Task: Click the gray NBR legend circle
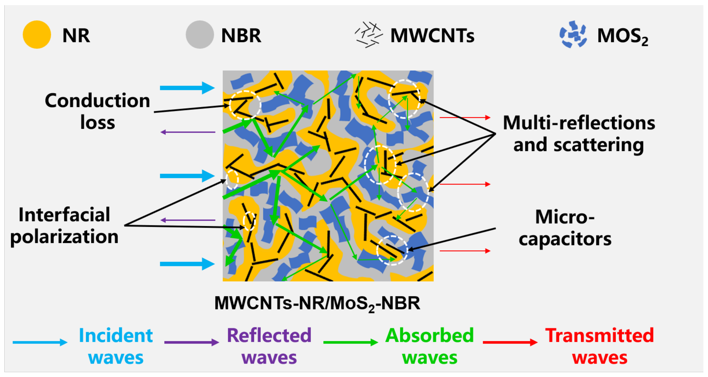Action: click(x=200, y=35)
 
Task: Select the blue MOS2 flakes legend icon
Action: click(x=573, y=35)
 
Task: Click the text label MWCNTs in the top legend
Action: click(x=432, y=36)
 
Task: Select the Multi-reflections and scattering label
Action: click(x=579, y=134)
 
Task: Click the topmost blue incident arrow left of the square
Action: click(x=187, y=88)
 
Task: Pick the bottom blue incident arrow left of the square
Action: click(x=187, y=264)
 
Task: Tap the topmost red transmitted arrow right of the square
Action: click(x=465, y=118)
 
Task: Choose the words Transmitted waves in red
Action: click(x=599, y=346)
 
